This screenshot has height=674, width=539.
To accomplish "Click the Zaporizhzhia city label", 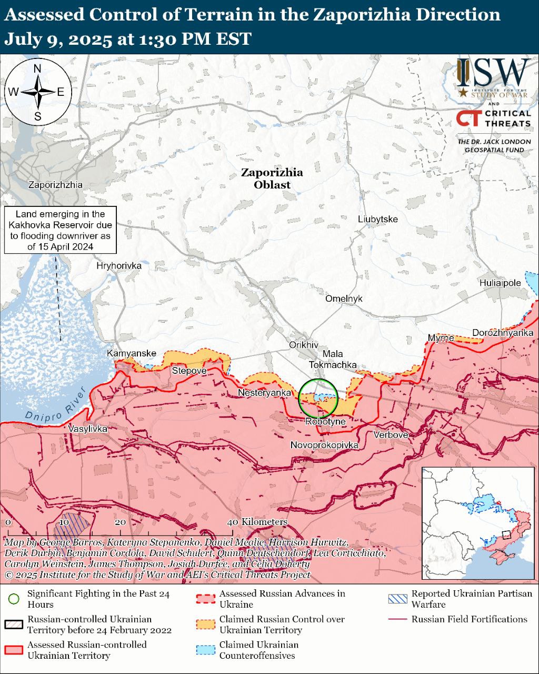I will coord(55,185).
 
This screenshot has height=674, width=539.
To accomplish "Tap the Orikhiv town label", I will coord(304,344).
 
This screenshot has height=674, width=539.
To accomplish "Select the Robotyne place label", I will coord(325,421).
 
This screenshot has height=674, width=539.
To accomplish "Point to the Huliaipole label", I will coord(500,283).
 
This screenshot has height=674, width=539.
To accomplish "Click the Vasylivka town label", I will coord(88,429).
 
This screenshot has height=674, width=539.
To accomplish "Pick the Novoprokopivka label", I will coord(324,445).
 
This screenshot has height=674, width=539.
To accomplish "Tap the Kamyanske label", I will coord(132,353).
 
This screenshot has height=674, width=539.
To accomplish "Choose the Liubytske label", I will coord(377,219).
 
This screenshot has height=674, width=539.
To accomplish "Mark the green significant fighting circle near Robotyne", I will coord(318,398).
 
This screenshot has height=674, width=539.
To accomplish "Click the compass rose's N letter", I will coord(37,69).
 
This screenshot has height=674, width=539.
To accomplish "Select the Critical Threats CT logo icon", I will coord(468,118).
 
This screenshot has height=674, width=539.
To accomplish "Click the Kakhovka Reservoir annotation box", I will coord(60,230).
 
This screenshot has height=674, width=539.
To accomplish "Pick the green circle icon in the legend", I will coord(14,599).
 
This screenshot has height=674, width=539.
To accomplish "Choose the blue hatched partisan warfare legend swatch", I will coord(397,599).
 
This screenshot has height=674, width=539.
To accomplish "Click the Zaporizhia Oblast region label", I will coord(272,179).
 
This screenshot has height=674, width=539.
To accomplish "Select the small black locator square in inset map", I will coord(506,534).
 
